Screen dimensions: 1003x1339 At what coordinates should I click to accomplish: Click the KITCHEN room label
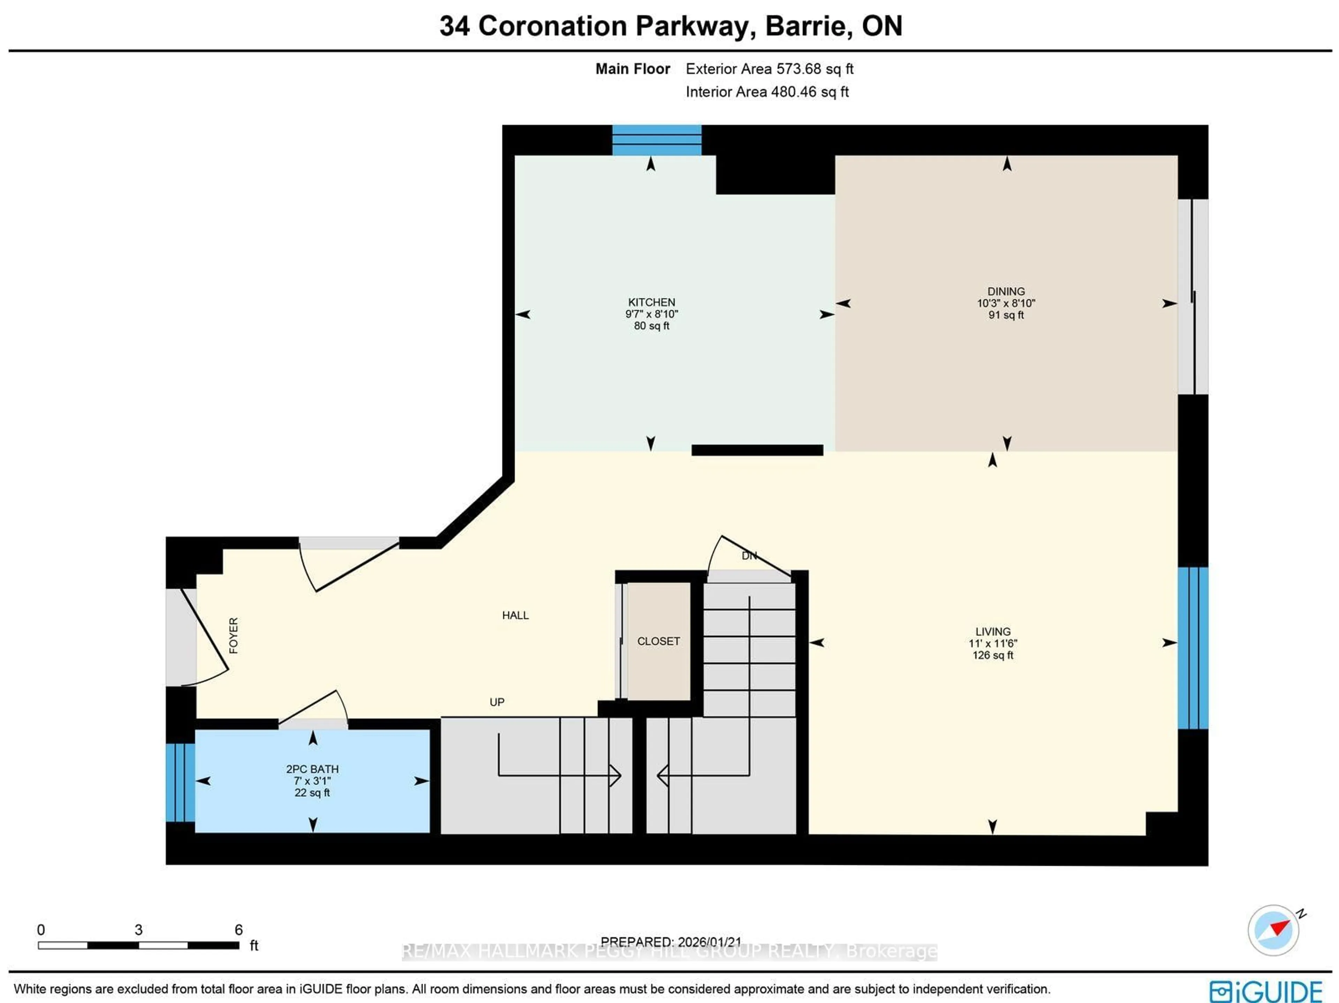pos(651,302)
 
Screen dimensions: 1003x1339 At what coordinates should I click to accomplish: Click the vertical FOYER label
pos(234,635)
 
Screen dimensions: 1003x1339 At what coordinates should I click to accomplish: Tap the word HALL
pos(515,615)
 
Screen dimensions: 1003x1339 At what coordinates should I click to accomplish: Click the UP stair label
pos(497,702)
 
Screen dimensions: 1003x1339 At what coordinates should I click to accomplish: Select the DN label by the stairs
pos(749,555)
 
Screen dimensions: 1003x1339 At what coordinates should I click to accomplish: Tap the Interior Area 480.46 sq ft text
pos(766,92)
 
